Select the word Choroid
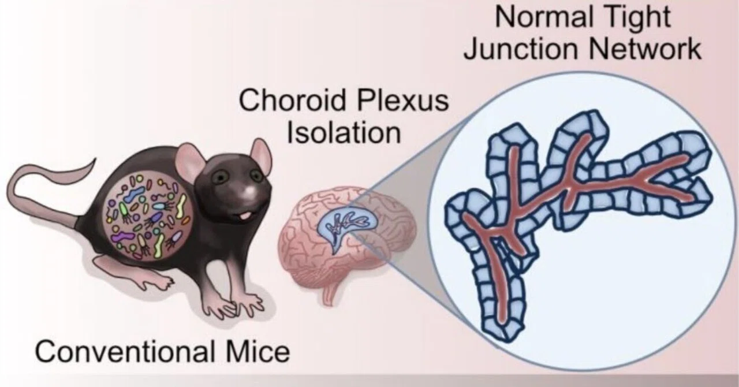tap(293, 101)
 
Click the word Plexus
tap(403, 101)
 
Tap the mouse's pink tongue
tap(244, 216)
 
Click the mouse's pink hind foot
tap(139, 273)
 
